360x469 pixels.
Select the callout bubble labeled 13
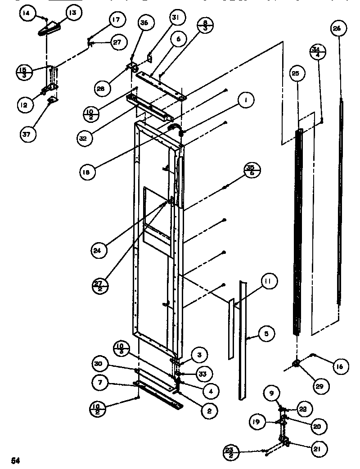click(x=72, y=13)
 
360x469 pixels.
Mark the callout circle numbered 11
click(x=268, y=282)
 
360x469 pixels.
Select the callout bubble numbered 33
click(x=204, y=374)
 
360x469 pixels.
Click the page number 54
click(x=16, y=460)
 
